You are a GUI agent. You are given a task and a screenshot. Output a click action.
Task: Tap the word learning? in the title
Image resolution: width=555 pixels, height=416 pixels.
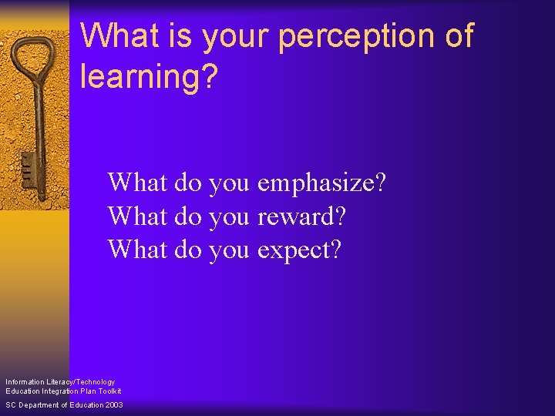[148, 76]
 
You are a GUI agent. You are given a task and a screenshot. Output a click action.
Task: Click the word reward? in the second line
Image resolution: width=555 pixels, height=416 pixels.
[301, 216]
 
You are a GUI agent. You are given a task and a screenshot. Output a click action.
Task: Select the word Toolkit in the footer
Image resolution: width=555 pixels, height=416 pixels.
[108, 391]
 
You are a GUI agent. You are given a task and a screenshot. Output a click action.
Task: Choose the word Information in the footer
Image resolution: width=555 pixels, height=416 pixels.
[24, 382]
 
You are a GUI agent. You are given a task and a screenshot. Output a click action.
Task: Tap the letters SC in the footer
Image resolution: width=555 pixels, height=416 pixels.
[10, 405]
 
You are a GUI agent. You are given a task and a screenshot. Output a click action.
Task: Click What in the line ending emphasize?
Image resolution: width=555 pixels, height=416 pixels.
[138, 183]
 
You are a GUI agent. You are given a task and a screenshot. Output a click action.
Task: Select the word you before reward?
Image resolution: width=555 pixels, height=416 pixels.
[229, 216]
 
